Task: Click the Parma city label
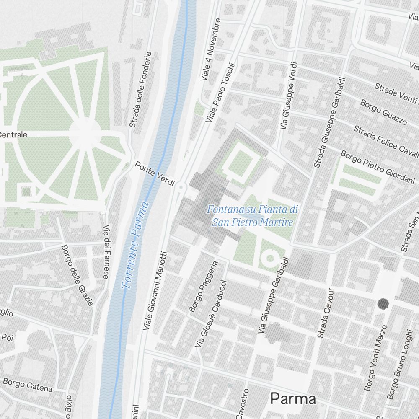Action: (x=293, y=398)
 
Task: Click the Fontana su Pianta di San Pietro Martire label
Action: (x=253, y=215)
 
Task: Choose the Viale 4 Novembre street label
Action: (x=210, y=49)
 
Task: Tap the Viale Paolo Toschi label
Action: (x=221, y=93)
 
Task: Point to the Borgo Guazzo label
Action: (x=383, y=113)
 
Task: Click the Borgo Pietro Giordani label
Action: (x=378, y=168)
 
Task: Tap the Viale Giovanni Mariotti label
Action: (x=155, y=290)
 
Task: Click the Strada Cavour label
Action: (x=326, y=313)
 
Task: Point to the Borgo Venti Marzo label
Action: (x=375, y=358)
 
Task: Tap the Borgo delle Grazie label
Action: (x=77, y=275)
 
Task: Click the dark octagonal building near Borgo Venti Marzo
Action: (x=383, y=304)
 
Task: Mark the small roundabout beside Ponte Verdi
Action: (x=181, y=187)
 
